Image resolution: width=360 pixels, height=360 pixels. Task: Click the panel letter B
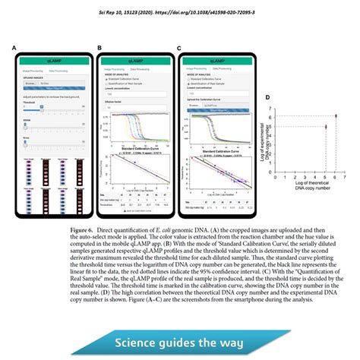[99, 48]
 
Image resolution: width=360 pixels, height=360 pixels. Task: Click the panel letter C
[178, 48]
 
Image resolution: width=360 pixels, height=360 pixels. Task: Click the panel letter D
[267, 97]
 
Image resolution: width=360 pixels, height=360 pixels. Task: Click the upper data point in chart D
[336, 116]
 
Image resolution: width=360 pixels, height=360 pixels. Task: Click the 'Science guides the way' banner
[179, 321]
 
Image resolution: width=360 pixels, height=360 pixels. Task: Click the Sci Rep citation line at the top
[179, 13]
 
